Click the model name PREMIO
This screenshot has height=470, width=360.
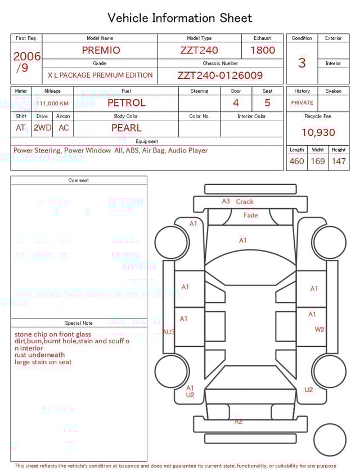(101, 50)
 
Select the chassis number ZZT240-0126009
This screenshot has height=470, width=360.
(220, 75)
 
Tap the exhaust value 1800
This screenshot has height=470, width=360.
(263, 50)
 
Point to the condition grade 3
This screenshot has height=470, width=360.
(302, 62)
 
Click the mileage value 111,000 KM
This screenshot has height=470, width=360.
(52, 104)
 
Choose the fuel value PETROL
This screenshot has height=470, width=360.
(126, 103)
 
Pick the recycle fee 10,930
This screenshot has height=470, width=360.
(318, 132)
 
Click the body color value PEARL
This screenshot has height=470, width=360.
(126, 128)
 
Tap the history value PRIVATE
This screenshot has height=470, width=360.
(302, 102)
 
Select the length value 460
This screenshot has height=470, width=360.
(296, 162)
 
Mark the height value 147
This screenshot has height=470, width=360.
(339, 162)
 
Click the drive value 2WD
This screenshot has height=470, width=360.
(42, 128)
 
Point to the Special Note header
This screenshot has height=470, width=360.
(79, 323)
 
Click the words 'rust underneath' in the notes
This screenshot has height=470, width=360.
(39, 355)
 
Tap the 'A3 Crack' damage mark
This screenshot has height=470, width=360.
(237, 202)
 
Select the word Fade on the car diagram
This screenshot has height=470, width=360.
(251, 215)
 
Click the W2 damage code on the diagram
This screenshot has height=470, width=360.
(319, 329)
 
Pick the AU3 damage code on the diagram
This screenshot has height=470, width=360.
(169, 332)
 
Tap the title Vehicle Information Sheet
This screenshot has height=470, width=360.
(180, 18)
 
